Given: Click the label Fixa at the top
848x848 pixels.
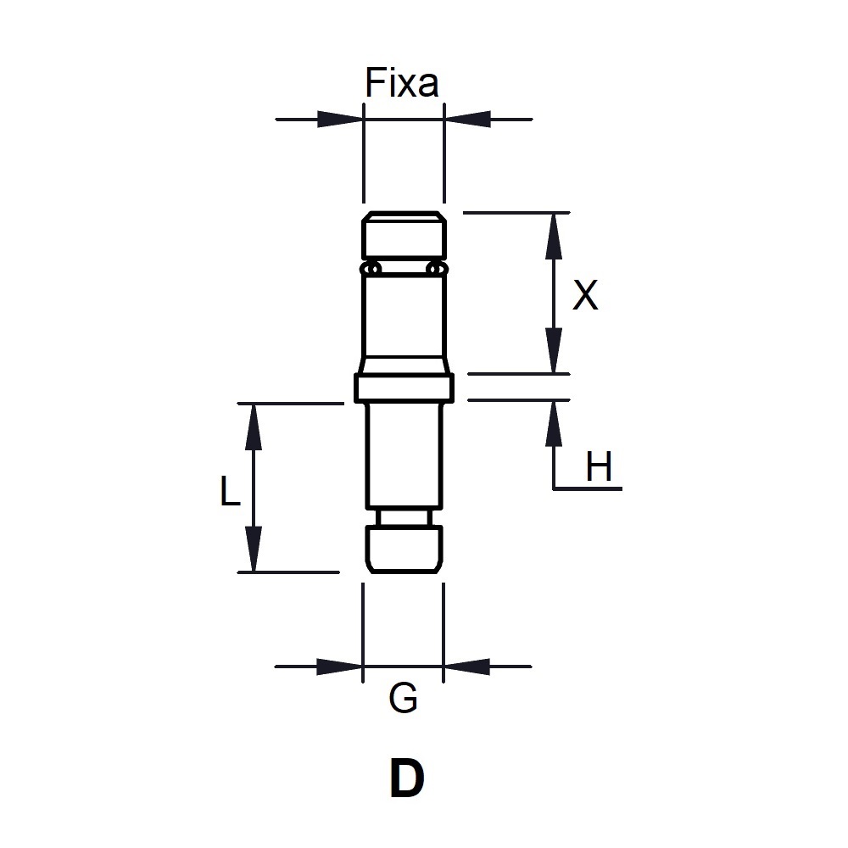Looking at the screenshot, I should (x=402, y=83).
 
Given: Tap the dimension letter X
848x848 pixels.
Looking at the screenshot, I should (x=585, y=296).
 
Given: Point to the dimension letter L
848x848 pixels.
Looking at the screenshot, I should (x=230, y=492).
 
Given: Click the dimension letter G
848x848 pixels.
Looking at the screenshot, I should (x=404, y=700).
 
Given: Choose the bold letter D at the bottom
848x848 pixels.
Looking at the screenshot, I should (x=406, y=778).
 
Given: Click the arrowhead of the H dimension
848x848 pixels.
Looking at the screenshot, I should (x=553, y=422).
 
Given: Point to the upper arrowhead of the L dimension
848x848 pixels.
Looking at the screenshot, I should (x=252, y=426).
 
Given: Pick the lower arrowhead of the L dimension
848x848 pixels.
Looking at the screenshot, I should (x=252, y=550).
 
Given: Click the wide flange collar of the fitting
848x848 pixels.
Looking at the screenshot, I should (x=404, y=389).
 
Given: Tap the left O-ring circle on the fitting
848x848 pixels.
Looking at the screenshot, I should (x=371, y=269).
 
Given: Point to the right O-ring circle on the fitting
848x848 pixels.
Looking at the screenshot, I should (x=437, y=269).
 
